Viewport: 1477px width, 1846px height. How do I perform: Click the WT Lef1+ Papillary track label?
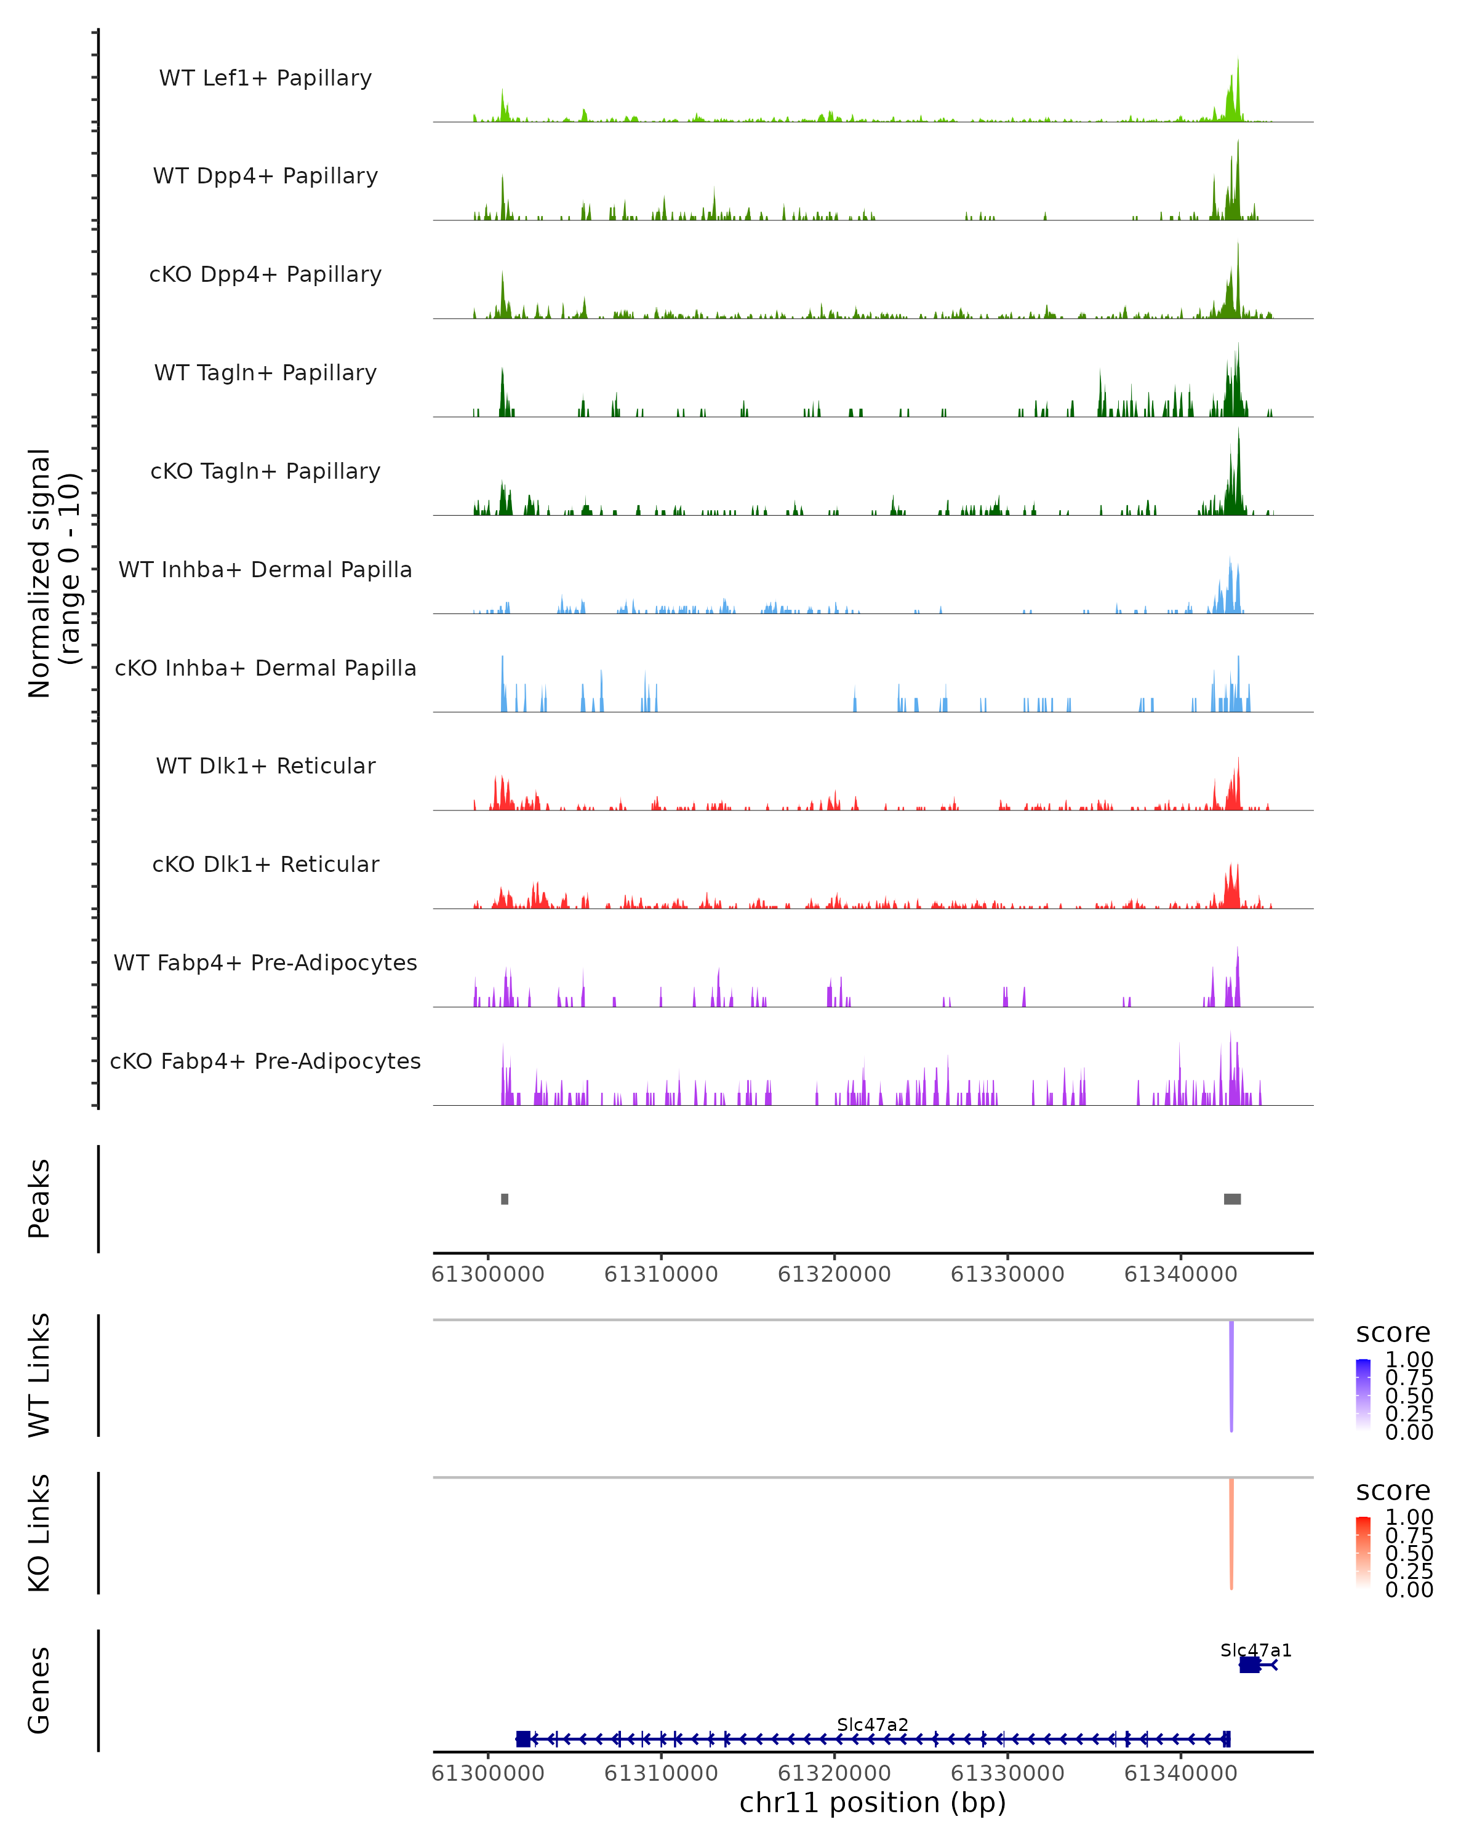tap(265, 78)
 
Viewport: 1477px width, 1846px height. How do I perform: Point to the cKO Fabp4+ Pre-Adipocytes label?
tap(265, 1061)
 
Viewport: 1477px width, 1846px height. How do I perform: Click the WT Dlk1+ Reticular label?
tap(265, 765)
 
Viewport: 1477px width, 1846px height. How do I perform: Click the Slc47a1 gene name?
tap(1255, 1650)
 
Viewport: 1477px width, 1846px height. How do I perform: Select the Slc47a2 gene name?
tap(873, 1724)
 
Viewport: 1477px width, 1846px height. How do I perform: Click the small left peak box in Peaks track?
tap(504, 1199)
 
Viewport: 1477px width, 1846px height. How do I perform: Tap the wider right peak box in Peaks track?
tap(1232, 1199)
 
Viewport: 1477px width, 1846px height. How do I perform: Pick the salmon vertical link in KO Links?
tap(1231, 1533)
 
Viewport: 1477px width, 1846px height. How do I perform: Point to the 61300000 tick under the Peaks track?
tap(488, 1274)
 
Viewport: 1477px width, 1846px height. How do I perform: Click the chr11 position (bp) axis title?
tap(873, 1802)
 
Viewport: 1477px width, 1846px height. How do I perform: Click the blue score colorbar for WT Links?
tap(1363, 1395)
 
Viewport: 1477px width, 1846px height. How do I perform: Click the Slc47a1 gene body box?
tap(1249, 1664)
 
